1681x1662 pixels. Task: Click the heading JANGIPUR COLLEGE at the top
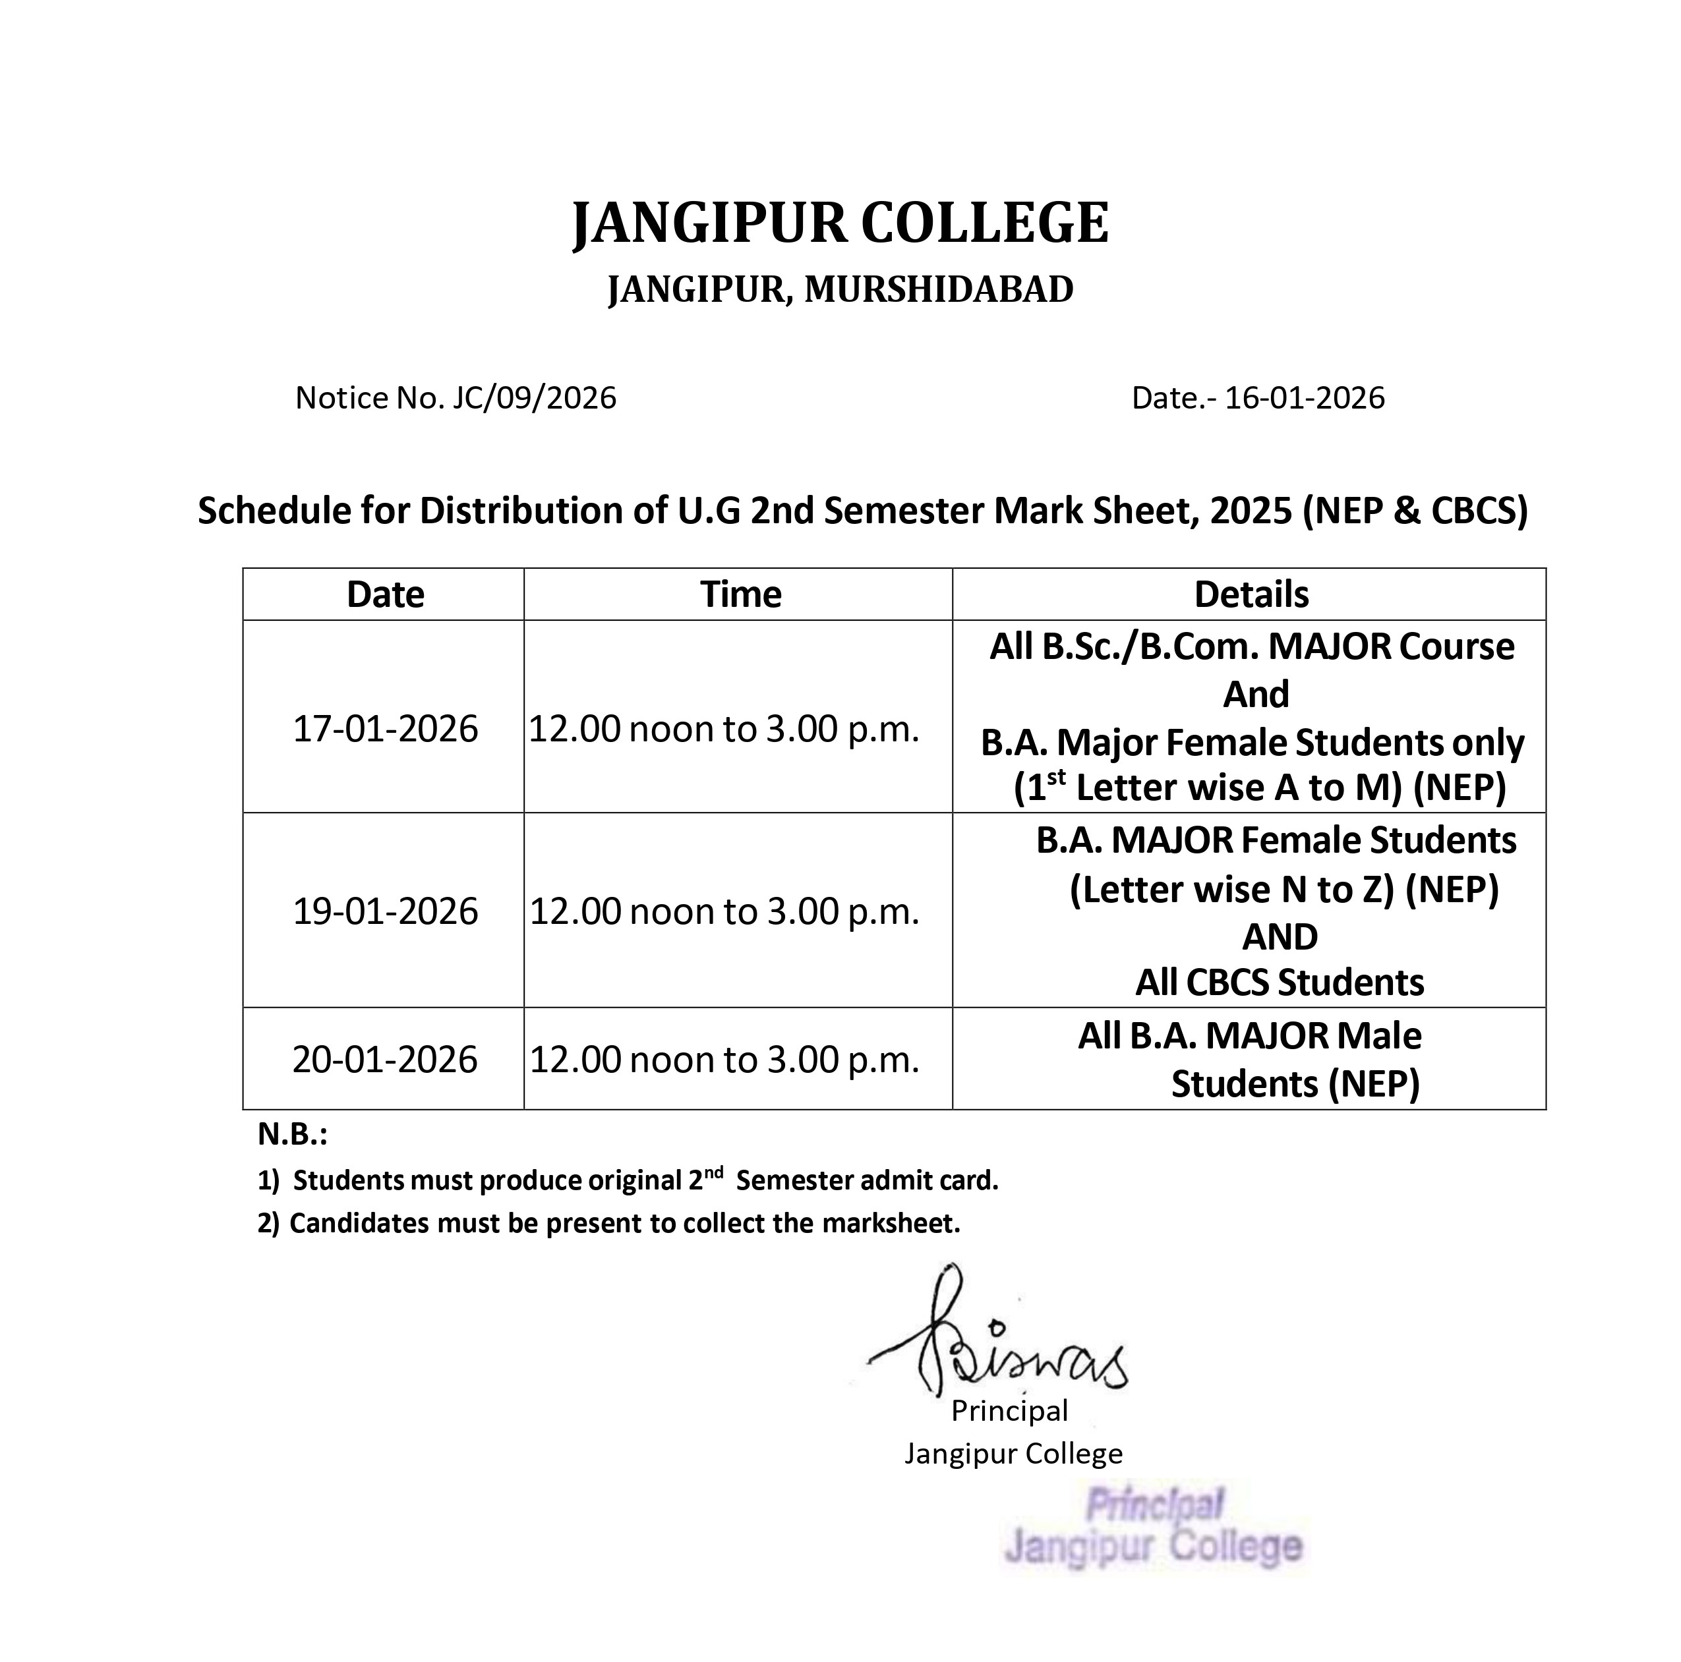(x=840, y=223)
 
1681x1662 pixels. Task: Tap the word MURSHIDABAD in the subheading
(x=939, y=289)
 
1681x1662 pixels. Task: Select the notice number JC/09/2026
(x=534, y=397)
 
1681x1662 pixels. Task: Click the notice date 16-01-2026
(x=1304, y=397)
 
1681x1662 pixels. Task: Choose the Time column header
(x=740, y=595)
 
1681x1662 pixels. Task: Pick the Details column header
(x=1251, y=595)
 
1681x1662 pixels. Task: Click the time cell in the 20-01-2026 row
(x=724, y=1059)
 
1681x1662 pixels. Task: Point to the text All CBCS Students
(x=1279, y=983)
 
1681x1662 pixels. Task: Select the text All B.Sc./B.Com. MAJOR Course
(x=1251, y=647)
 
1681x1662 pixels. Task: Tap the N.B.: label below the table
(x=292, y=1134)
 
